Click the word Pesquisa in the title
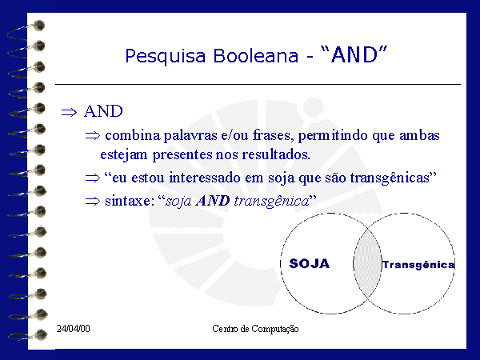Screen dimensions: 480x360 coord(166,56)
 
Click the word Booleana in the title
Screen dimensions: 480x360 coord(256,55)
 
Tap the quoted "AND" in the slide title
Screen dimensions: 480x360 coord(354,54)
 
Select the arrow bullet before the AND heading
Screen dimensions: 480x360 coord(69,112)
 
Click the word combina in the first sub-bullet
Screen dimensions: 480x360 coord(133,135)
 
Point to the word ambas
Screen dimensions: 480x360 coord(419,135)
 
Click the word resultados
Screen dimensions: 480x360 coord(276,154)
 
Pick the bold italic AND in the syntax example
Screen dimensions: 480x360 coord(213,201)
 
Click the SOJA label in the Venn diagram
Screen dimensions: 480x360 coord(309,263)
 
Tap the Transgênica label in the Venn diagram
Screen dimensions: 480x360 coord(418,265)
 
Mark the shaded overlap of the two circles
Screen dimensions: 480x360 coord(367,263)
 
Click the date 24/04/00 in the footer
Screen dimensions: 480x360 coord(73,329)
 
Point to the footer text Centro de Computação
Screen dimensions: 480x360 coord(255,329)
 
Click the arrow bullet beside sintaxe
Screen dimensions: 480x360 coord(93,202)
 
